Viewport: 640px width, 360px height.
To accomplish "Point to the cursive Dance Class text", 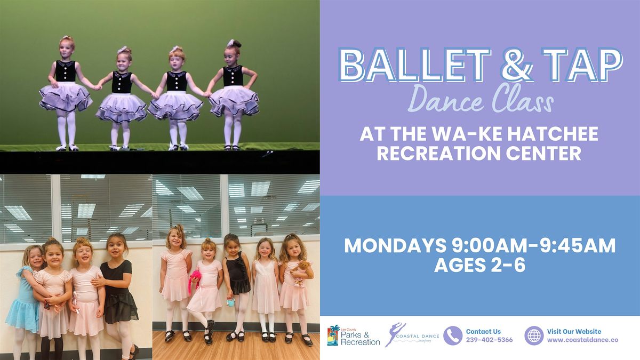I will click(480, 101).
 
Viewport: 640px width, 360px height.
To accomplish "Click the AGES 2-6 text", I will click(480, 265).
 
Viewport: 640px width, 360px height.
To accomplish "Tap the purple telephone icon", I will click(453, 336).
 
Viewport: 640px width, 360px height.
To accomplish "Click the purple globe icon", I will click(533, 336).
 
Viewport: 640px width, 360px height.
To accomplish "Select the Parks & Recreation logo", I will click(353, 336).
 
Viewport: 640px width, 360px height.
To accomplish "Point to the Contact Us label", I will click(483, 331).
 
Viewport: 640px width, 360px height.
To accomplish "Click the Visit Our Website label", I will click(574, 331).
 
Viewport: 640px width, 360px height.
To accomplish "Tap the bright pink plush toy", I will click(195, 281).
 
